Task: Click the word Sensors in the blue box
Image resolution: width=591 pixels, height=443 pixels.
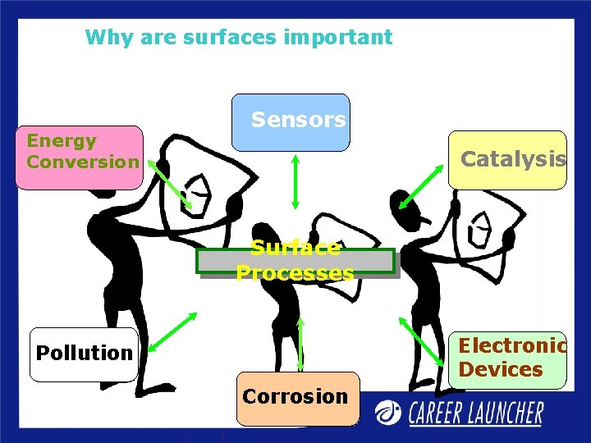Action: (x=298, y=120)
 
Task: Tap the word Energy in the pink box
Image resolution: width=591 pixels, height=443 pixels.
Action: (x=62, y=140)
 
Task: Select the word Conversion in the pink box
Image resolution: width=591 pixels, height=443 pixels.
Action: (x=83, y=161)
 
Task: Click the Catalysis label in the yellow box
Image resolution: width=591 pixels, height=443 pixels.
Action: (x=513, y=158)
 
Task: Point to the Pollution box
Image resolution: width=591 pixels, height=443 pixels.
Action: (x=84, y=354)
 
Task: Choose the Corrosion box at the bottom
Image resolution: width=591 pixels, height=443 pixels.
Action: (x=295, y=397)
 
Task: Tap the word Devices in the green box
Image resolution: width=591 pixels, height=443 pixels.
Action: (x=501, y=369)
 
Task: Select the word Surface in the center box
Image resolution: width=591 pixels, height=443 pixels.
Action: (x=295, y=248)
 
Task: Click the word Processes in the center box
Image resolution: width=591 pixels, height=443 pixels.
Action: (x=295, y=272)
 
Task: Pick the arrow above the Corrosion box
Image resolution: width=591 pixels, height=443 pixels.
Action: (x=300, y=345)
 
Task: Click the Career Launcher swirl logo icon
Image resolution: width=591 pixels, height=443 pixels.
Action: (x=389, y=412)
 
